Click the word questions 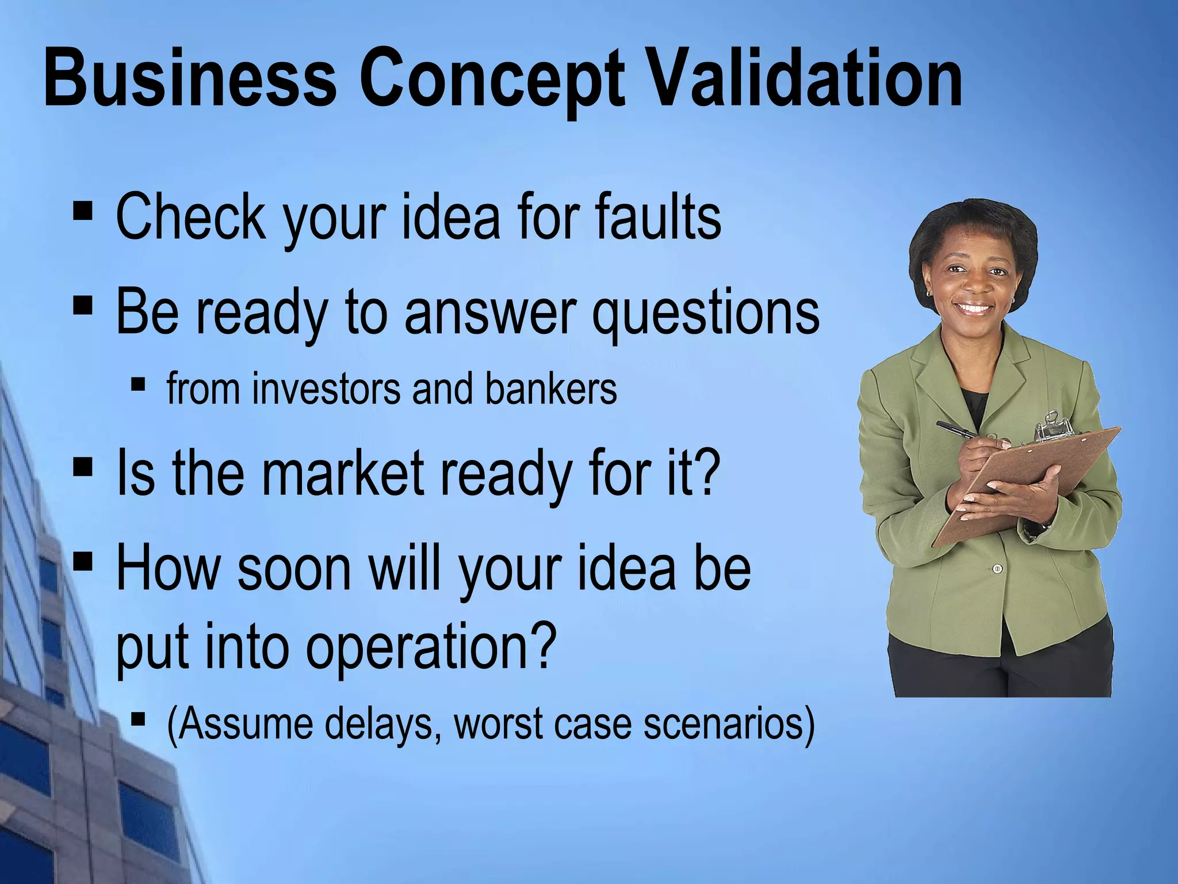(706, 314)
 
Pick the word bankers (550, 389)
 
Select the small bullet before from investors (138, 383)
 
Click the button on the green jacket (997, 569)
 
